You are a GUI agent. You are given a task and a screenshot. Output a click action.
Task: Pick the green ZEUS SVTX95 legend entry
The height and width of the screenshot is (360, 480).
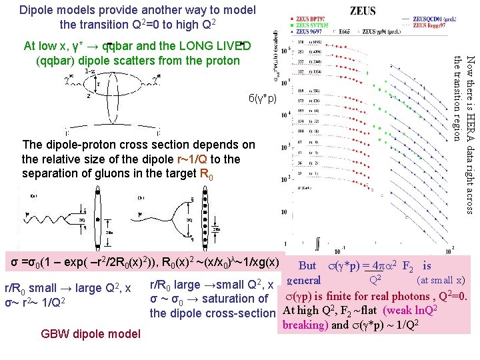click(x=313, y=26)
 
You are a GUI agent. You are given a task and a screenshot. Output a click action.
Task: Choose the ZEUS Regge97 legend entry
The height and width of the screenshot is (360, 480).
click(x=431, y=25)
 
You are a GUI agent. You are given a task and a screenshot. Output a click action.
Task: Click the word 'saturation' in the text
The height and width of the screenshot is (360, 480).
click(x=222, y=299)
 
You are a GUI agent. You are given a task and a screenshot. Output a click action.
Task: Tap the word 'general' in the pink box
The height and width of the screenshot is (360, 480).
click(x=304, y=281)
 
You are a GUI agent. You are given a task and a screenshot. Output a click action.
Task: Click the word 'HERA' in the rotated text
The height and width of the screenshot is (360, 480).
click(x=470, y=150)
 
